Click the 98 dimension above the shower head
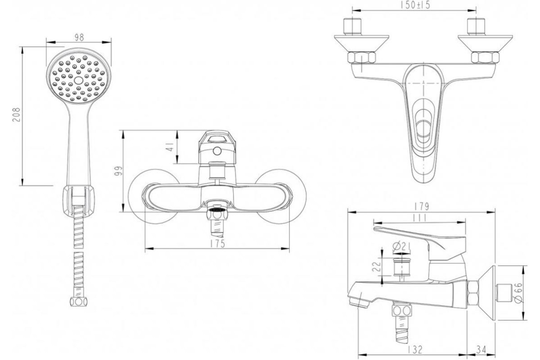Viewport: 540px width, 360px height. [79, 37]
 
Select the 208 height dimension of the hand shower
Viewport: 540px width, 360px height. [16, 115]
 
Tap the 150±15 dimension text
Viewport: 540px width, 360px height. [415, 5]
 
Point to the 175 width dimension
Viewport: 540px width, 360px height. [217, 243]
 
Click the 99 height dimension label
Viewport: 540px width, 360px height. [119, 171]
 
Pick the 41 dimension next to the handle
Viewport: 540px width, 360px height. [171, 147]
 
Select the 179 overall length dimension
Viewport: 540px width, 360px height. [421, 207]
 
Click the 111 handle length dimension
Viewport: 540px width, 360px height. [419, 218]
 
